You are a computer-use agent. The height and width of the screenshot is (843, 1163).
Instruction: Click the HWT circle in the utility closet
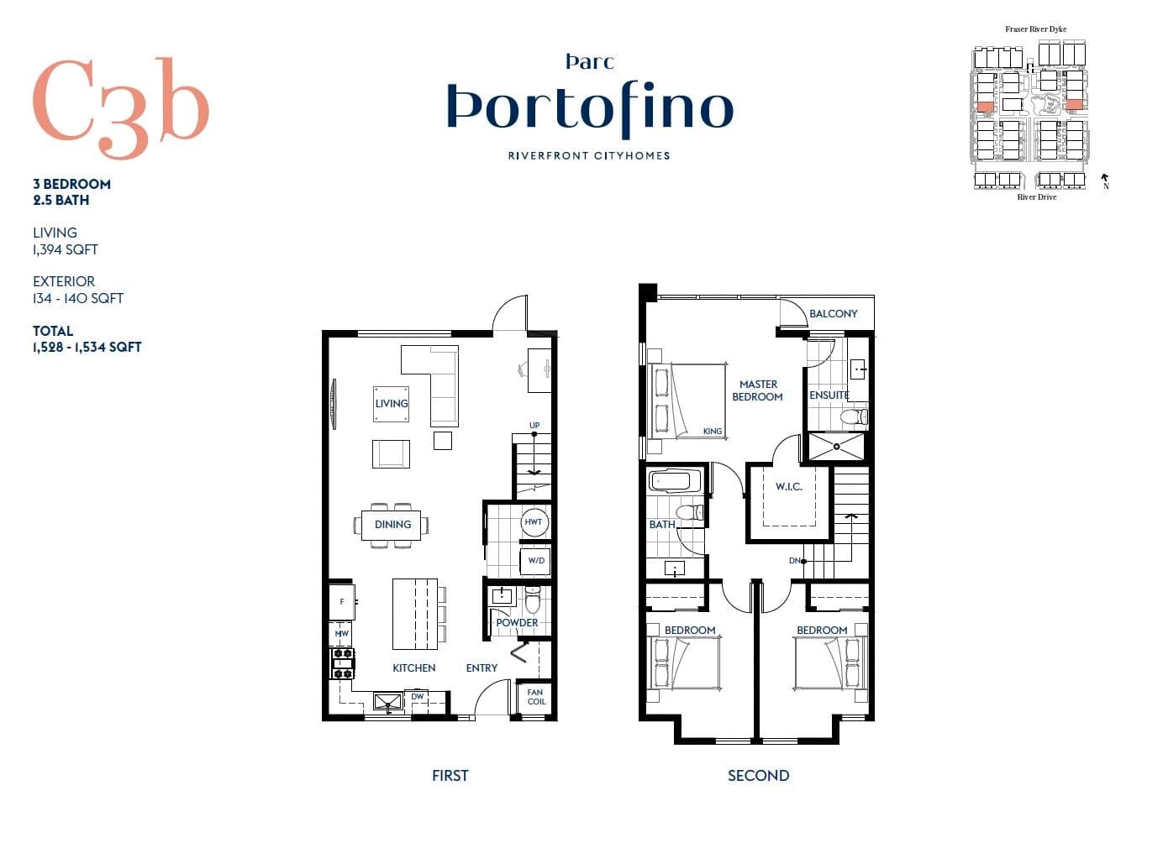point(534,522)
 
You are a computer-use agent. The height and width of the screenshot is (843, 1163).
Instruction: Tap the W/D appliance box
point(536,560)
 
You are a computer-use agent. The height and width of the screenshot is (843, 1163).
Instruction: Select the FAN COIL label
point(536,697)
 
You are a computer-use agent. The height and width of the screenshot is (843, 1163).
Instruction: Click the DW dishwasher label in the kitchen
point(418,696)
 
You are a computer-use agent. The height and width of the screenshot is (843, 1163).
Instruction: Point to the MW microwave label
point(342,633)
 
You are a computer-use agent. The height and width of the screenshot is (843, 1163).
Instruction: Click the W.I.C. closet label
point(789,487)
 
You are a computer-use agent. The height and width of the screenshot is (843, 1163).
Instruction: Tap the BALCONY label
point(834,313)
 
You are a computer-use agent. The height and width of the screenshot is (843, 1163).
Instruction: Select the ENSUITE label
point(829,395)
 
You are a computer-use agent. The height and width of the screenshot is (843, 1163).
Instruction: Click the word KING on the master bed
point(713,431)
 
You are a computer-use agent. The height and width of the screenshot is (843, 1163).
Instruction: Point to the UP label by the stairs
point(534,425)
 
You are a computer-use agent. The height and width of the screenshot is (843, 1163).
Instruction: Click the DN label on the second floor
point(794,560)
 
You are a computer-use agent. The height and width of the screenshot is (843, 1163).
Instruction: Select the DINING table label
point(392,525)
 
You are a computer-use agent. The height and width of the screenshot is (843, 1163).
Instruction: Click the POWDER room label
point(517,622)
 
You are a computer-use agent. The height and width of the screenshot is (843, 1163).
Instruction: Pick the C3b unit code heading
point(122,107)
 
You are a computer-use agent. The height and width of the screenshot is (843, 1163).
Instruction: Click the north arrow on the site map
point(1105,180)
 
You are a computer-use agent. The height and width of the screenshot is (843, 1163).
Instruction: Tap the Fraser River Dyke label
point(1036,29)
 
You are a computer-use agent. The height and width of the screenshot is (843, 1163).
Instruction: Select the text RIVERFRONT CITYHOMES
point(589,155)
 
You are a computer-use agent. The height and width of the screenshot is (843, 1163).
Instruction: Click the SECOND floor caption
point(759,776)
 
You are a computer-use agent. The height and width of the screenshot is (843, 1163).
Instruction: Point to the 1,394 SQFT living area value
point(66,249)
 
